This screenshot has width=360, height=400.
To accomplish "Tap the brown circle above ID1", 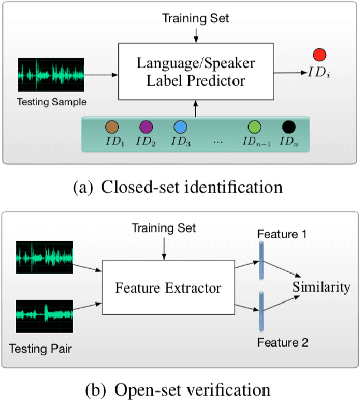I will [x=112, y=127].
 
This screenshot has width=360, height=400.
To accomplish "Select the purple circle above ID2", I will [x=146, y=127].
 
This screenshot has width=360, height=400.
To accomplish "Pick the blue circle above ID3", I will [x=180, y=127].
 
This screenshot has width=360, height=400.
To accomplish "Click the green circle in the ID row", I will [x=254, y=127].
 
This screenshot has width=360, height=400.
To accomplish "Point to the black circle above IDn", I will [x=288, y=127].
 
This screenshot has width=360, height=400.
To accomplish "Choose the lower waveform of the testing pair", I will [x=44, y=315].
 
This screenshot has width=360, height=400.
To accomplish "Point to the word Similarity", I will [x=322, y=288].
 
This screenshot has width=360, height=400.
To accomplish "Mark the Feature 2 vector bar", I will [x=259, y=312].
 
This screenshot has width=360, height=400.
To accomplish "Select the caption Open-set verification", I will [x=179, y=389].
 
